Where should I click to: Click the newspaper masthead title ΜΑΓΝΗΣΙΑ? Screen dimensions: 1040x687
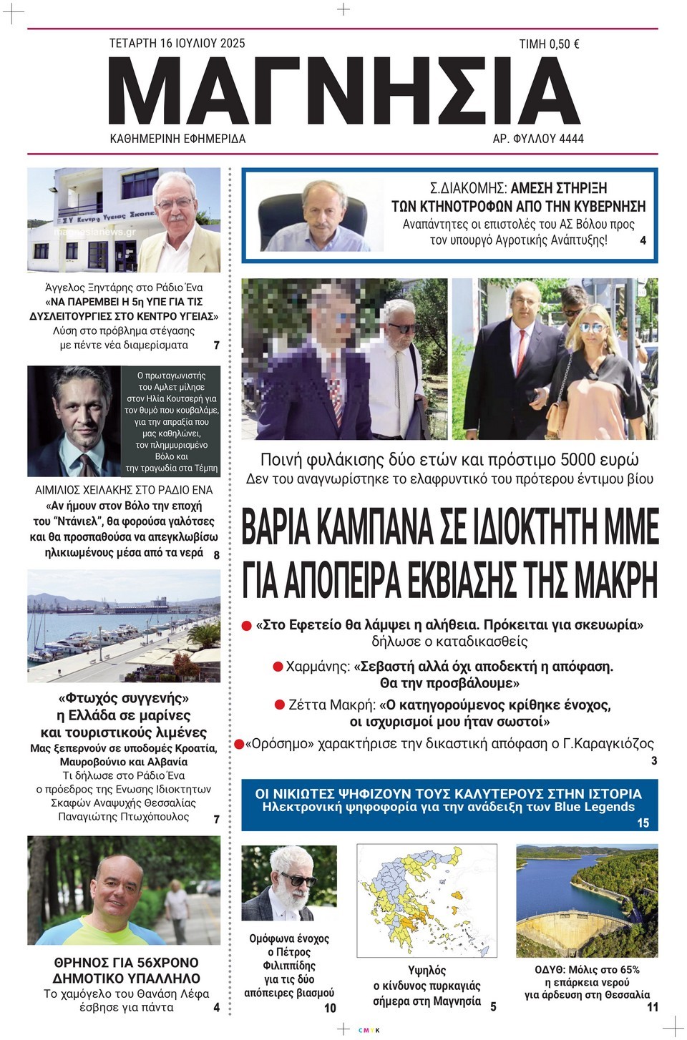coord(343,92)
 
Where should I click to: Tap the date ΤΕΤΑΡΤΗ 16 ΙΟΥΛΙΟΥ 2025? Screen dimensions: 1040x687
coord(177,43)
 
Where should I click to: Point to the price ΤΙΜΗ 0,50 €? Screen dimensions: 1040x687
coord(549,44)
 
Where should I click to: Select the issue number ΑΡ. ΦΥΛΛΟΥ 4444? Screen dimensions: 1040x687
coord(538,139)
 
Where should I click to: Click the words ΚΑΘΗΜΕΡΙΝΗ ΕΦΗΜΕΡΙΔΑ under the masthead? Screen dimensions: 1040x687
coord(177,139)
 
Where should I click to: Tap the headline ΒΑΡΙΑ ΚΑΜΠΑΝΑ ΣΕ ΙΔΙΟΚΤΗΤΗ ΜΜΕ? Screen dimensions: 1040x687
coord(450,527)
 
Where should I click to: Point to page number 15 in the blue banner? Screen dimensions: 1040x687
coord(643,823)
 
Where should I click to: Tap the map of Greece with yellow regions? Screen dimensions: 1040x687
coord(427,900)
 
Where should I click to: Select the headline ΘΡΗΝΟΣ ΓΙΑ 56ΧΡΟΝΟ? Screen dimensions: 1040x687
coord(126,970)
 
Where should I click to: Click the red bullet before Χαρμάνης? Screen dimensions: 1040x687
coord(278,667)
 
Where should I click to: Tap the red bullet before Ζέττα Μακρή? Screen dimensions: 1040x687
coord(281,705)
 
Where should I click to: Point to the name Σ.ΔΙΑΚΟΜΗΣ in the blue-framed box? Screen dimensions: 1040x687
coord(467,189)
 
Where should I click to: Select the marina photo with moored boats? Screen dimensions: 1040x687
coord(124,626)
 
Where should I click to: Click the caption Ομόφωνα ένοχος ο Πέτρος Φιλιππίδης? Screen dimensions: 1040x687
coord(289,965)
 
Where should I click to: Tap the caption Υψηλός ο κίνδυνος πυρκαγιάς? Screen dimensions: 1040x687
coord(427,986)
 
